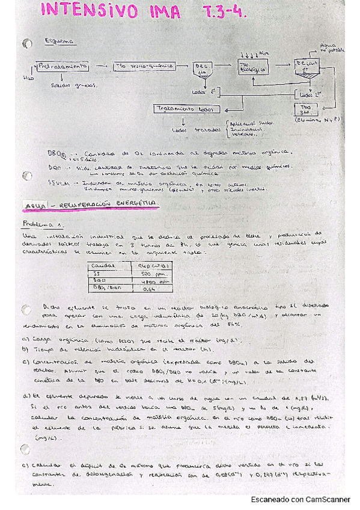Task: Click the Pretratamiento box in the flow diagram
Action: [x=63, y=66]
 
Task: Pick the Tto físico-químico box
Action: [x=143, y=66]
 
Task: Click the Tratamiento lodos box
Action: [x=187, y=109]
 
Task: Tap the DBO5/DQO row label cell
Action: [x=106, y=289]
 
